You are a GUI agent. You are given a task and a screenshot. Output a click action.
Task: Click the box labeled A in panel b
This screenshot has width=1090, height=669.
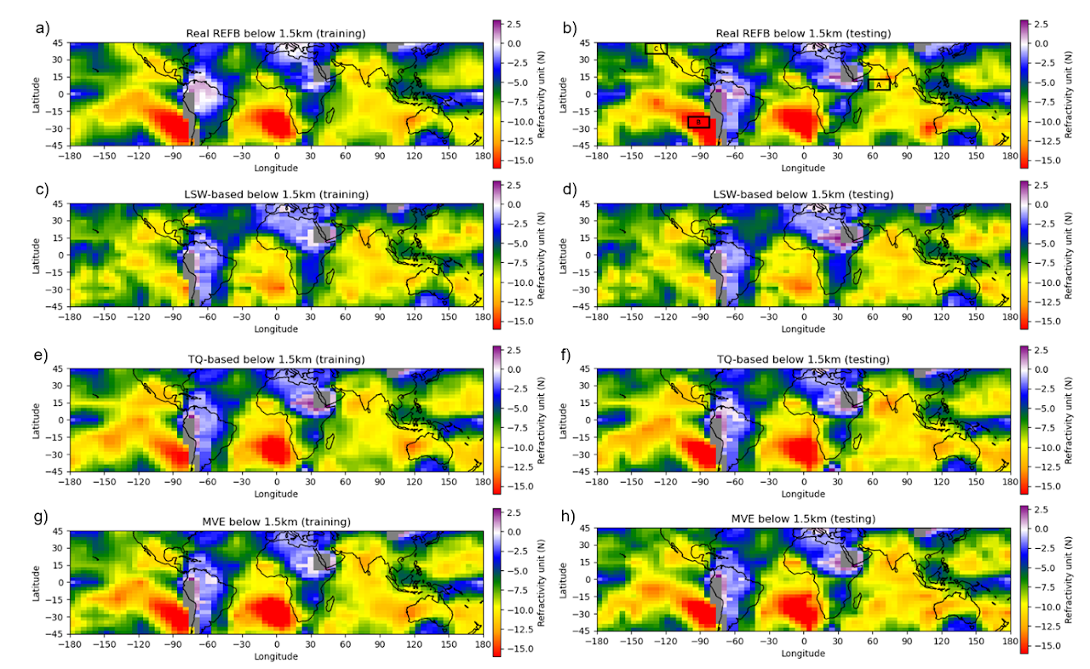[x=879, y=84]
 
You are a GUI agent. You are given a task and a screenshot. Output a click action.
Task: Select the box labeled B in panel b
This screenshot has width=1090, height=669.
[x=698, y=123]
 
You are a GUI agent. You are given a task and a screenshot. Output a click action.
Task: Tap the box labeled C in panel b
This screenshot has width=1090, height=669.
[x=656, y=49]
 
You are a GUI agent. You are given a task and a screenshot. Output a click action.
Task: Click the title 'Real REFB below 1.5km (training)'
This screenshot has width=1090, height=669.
[x=276, y=33]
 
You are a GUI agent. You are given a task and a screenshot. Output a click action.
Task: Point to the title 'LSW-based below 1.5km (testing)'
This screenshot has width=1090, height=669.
[x=803, y=195]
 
